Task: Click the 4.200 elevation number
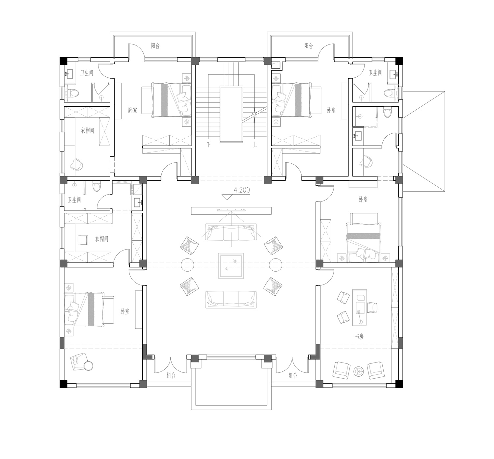tap(242, 190)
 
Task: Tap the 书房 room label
tap(359, 337)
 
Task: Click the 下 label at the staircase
tap(209, 144)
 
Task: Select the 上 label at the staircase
tap(255, 145)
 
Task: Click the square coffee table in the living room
tap(231, 265)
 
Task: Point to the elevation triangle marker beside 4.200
tap(227, 197)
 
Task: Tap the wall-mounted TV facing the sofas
tap(231, 210)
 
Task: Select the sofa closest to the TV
tap(231, 232)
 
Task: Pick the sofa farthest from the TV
tap(231, 300)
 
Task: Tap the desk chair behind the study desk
tap(372, 308)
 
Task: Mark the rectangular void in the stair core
tap(231, 115)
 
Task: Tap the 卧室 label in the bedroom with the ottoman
tap(125, 311)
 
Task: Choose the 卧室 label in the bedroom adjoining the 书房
tap(363, 199)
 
